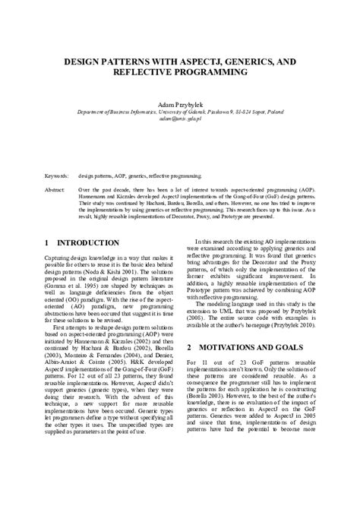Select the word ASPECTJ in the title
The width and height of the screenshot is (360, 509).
[x=202, y=60]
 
